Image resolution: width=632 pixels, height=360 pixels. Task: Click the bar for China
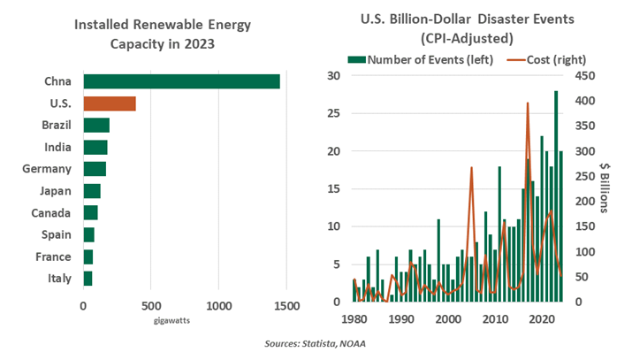[x=181, y=81]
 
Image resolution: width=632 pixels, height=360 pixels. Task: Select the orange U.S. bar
[x=110, y=103]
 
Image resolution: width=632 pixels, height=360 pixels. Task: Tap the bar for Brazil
[x=96, y=125]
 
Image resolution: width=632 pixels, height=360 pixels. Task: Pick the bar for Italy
[x=88, y=279]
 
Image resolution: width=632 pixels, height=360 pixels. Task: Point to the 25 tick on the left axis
[x=332, y=113]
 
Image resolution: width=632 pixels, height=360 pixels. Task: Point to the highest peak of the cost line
[x=528, y=103]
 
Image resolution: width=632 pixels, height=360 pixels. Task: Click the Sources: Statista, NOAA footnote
[x=316, y=343]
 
